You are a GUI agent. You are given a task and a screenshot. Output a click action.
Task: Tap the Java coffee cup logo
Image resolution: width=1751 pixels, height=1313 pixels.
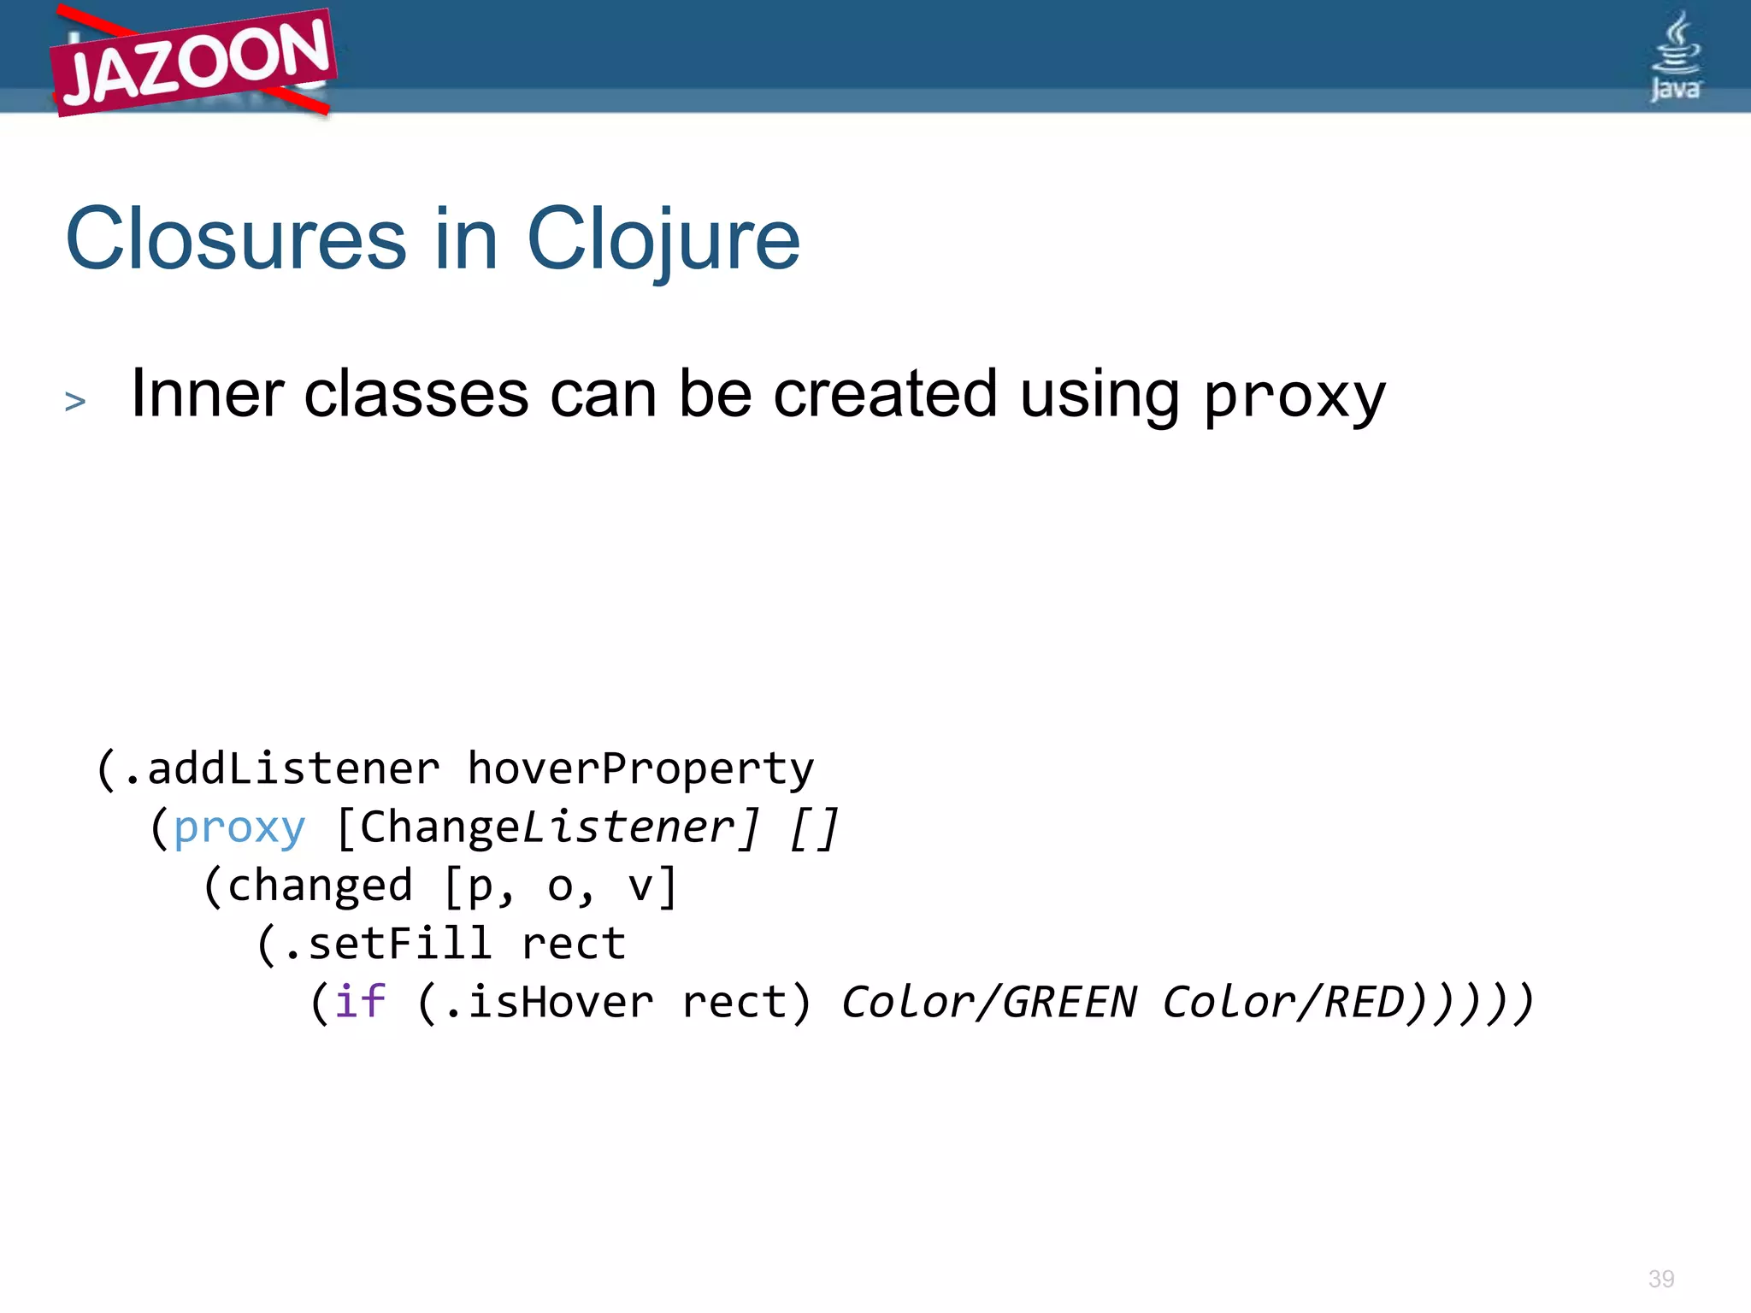pyautogui.click(x=1675, y=55)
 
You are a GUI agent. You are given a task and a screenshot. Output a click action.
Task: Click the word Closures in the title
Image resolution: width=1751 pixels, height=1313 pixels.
pyautogui.click(x=235, y=240)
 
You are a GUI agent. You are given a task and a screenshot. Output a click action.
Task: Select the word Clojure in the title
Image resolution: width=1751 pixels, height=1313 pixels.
pyautogui.click(x=663, y=240)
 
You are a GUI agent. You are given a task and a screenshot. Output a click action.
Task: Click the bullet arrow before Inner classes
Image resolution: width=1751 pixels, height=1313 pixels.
pyautogui.click(x=75, y=401)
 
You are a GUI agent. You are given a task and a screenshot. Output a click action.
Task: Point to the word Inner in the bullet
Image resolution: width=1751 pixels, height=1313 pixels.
pyautogui.click(x=207, y=394)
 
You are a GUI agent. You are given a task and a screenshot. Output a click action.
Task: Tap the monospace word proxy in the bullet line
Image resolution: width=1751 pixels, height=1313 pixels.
pyautogui.click(x=1294, y=397)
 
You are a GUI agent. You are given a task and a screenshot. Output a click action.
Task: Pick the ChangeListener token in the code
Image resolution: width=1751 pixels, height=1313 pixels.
pyautogui.click(x=547, y=827)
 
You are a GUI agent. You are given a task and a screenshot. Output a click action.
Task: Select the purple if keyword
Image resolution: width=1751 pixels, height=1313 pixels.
pyautogui.click(x=360, y=1002)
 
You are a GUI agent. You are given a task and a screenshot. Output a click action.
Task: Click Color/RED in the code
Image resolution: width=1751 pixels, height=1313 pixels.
pyautogui.click(x=1283, y=1002)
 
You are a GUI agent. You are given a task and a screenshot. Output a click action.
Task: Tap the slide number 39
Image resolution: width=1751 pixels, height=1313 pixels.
pyautogui.click(x=1660, y=1279)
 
